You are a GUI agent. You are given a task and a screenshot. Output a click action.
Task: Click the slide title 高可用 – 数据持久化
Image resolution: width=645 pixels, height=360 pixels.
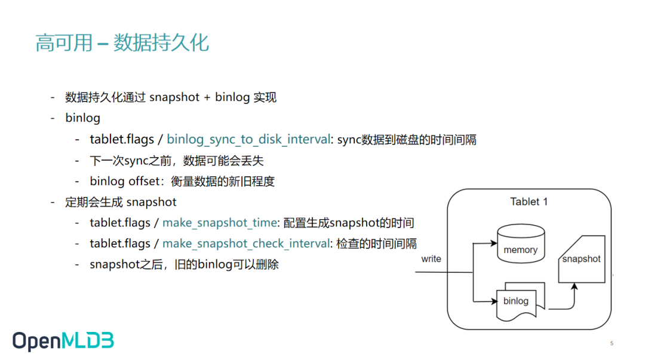pyautogui.click(x=122, y=43)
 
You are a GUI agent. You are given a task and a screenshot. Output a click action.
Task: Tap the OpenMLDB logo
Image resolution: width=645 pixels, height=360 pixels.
pyautogui.click(x=63, y=340)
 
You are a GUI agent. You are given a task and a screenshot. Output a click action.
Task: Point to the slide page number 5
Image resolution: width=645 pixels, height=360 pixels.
pyautogui.click(x=612, y=343)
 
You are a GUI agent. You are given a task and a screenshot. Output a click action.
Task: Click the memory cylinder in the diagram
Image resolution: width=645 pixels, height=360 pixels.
pyautogui.click(x=520, y=245)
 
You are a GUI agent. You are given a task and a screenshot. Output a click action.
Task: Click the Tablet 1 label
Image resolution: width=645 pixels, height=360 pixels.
pyautogui.click(x=529, y=202)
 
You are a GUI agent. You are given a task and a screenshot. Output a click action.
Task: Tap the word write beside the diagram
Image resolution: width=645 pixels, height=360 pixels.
pyautogui.click(x=431, y=259)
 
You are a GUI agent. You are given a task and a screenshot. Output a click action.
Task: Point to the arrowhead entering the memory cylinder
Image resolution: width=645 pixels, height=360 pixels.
pyautogui.click(x=493, y=244)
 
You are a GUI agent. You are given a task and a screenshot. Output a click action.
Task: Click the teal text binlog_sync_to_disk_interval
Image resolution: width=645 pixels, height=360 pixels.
pyautogui.click(x=248, y=140)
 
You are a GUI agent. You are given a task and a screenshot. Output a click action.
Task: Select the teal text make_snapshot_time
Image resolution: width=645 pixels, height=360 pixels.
pyautogui.click(x=219, y=223)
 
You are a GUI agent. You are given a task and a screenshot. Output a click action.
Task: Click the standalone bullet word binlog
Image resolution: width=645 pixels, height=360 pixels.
pyautogui.click(x=82, y=118)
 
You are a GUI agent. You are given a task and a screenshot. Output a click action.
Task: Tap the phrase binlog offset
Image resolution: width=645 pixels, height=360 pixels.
pyautogui.click(x=124, y=181)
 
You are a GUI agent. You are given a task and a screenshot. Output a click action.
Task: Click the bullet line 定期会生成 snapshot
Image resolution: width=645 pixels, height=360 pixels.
pyautogui.click(x=121, y=202)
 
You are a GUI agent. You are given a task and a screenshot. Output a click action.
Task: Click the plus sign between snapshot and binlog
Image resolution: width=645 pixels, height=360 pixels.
pyautogui.click(x=207, y=98)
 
